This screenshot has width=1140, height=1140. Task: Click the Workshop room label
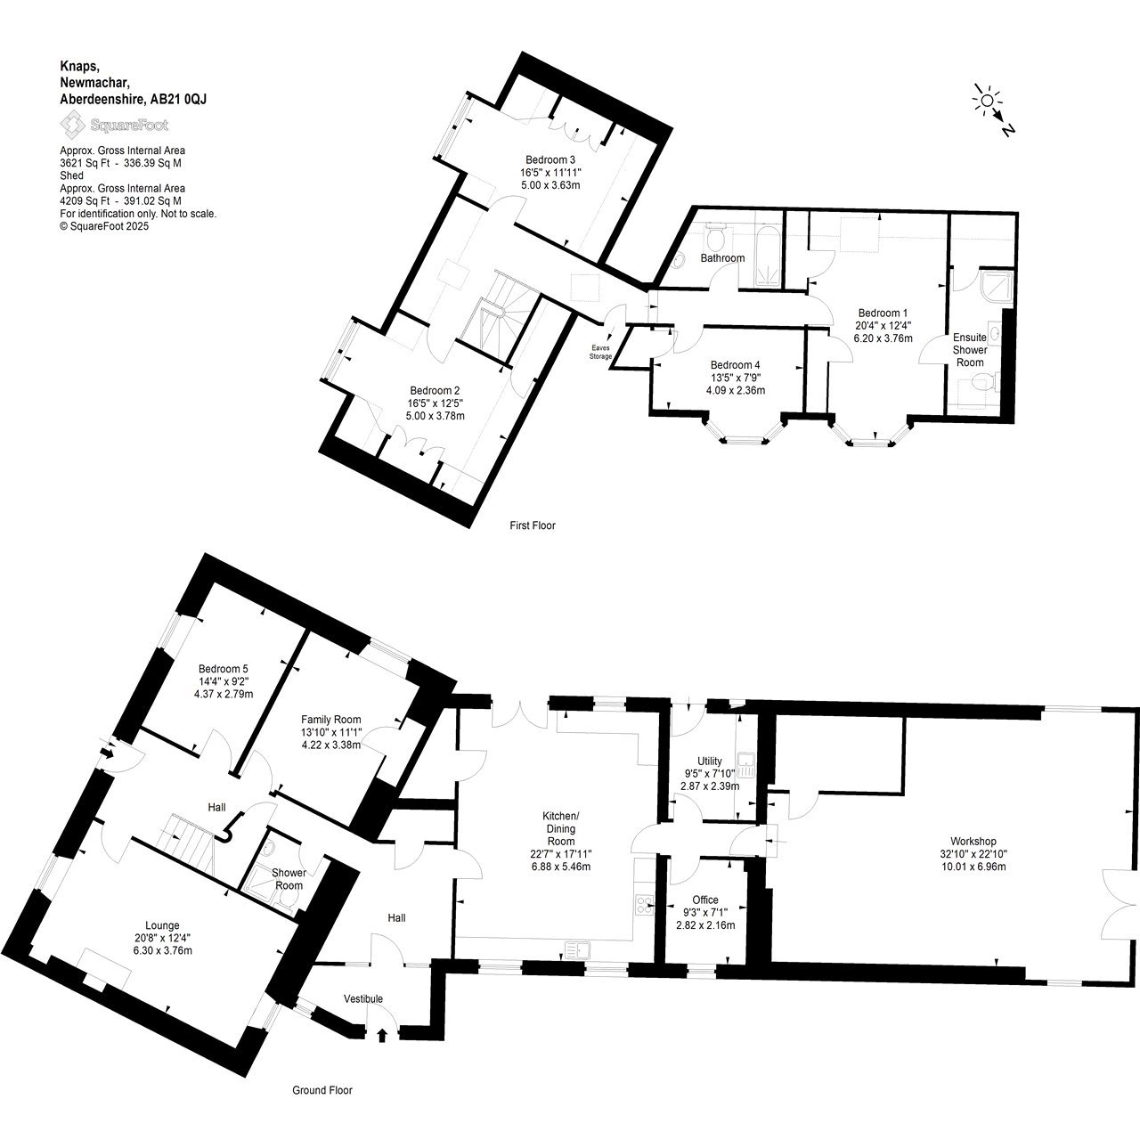973,841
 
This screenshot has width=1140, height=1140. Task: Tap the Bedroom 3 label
550,159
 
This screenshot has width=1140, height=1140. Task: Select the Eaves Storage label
600,352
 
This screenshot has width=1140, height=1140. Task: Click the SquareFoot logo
114,125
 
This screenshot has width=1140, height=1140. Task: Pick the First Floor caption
533,525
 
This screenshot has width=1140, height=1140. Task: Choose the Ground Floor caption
322,1090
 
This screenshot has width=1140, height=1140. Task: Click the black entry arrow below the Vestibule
381,1034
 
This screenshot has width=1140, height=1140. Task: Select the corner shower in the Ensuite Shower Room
996,286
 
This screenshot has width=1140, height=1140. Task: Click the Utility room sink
745,764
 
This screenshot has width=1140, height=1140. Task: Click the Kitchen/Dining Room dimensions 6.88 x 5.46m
561,867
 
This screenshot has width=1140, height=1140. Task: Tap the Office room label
705,900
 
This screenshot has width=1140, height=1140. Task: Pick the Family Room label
330,720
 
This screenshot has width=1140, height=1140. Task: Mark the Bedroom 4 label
736,365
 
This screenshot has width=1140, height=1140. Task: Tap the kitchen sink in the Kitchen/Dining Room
578,950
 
